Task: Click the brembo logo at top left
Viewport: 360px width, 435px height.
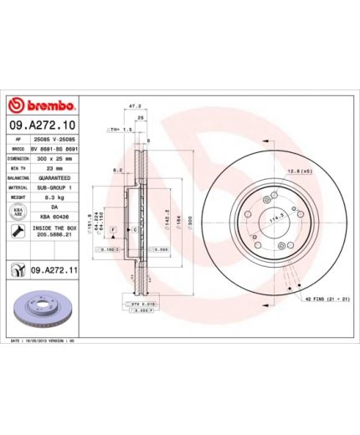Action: (x=42, y=105)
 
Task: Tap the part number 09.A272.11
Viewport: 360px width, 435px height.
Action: (x=54, y=269)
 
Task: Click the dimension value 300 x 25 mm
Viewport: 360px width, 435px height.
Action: (x=54, y=156)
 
